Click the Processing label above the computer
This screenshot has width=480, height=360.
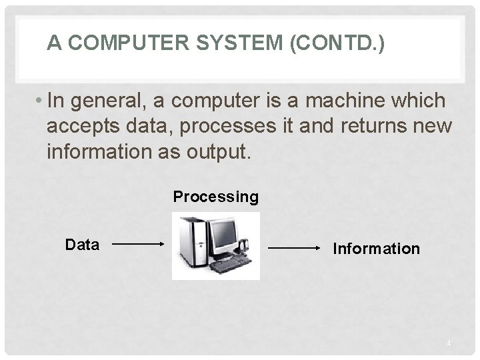pyautogui.click(x=215, y=197)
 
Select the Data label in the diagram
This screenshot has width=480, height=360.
pyautogui.click(x=82, y=245)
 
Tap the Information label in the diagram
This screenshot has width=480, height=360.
pyautogui.click(x=377, y=249)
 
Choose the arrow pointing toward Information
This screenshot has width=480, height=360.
pyautogui.click(x=295, y=249)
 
